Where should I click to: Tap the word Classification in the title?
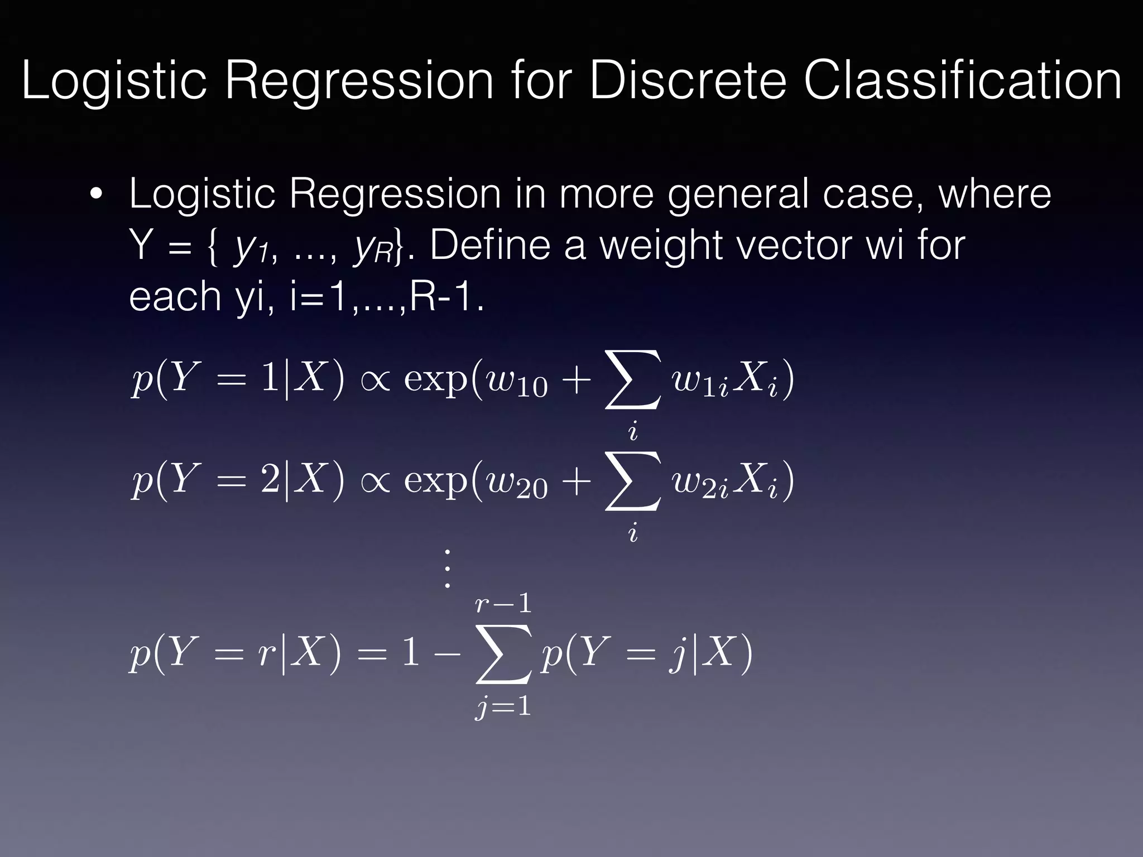pos(963,81)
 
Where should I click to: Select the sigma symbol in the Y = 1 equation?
pos(633,379)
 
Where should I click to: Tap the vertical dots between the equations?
pos(446,569)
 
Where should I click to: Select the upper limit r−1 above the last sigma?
pos(503,604)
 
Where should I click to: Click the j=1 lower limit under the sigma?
pos(503,707)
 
